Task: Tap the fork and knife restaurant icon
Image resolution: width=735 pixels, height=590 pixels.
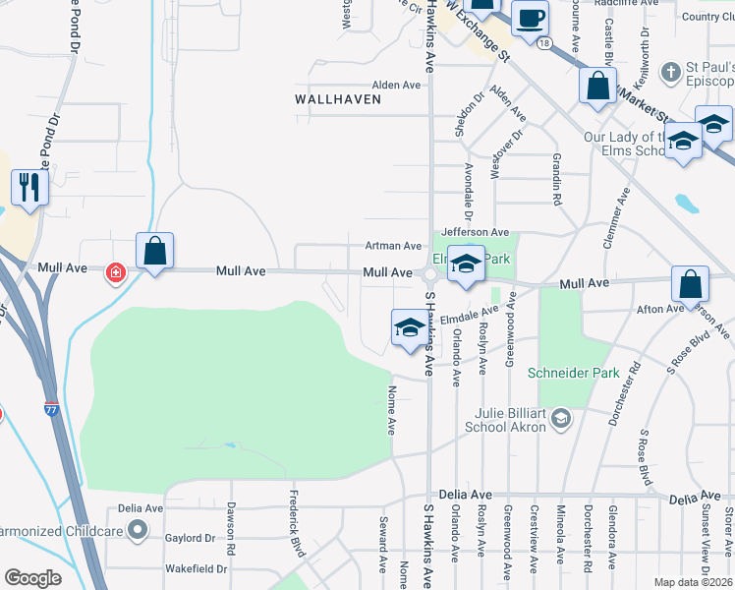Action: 28,187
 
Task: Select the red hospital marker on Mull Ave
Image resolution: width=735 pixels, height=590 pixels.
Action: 116,270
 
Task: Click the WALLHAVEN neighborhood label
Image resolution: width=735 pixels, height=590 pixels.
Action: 336,99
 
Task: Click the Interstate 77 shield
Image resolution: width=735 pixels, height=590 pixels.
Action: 50,406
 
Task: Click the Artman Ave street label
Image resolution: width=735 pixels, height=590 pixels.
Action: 393,246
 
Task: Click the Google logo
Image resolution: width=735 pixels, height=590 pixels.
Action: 32,578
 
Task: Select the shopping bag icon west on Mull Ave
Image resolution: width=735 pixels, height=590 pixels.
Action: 155,251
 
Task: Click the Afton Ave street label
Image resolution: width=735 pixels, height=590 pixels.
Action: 659,309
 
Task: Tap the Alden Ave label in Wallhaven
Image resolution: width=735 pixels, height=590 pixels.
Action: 396,86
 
